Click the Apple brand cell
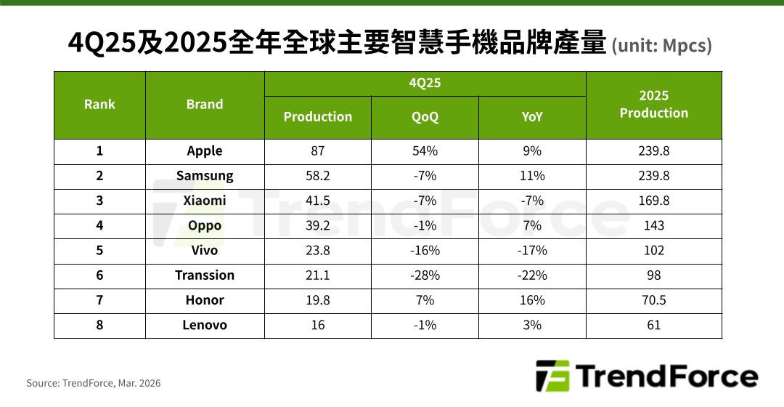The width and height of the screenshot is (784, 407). click(x=205, y=151)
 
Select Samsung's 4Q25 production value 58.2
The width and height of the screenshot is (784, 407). click(x=317, y=176)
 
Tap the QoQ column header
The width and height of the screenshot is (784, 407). click(x=425, y=117)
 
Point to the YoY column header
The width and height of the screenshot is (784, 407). click(x=532, y=117)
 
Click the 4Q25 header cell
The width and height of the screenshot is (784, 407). click(x=425, y=83)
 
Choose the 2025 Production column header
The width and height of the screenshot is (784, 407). click(x=653, y=105)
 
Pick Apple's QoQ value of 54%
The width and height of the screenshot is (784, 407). click(x=425, y=151)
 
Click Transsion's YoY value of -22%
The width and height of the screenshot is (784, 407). click(x=532, y=275)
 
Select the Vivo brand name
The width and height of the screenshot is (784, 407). click(x=205, y=251)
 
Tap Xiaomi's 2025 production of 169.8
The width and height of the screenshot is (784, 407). click(x=653, y=201)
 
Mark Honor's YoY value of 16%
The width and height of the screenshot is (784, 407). click(x=532, y=300)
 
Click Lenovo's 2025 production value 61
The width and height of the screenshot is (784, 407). click(x=653, y=325)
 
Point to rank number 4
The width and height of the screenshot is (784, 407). click(x=99, y=225)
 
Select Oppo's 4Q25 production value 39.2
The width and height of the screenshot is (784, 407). click(x=317, y=225)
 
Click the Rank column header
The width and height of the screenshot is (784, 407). click(x=99, y=105)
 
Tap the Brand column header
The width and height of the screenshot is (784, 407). click(x=205, y=105)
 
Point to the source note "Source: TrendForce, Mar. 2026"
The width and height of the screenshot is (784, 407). click(x=94, y=383)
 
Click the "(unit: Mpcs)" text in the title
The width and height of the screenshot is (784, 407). click(x=661, y=47)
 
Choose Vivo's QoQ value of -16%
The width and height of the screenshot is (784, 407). click(x=425, y=251)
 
